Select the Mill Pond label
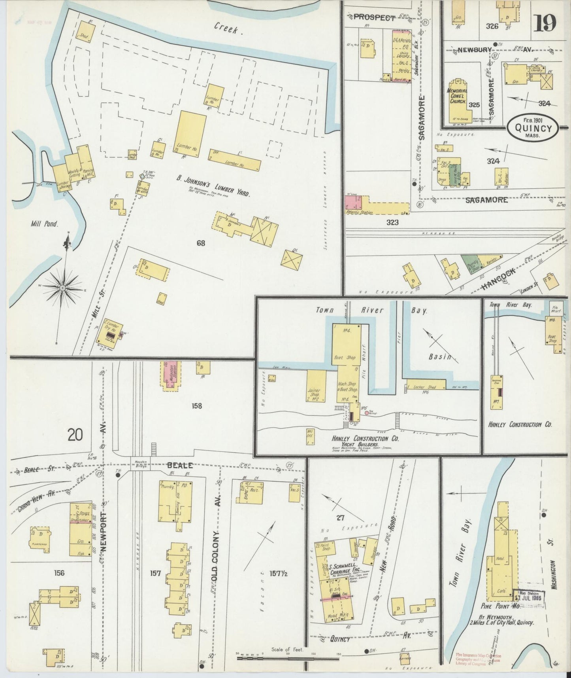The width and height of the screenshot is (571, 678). (45, 224)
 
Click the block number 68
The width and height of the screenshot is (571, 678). (201, 243)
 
